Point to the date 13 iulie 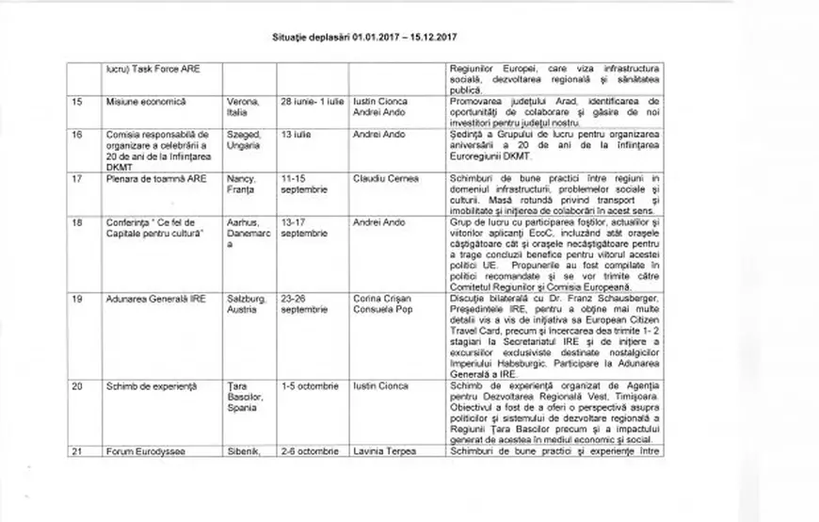point(296,135)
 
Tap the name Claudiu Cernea point(385,178)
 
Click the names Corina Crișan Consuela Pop point(382,303)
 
